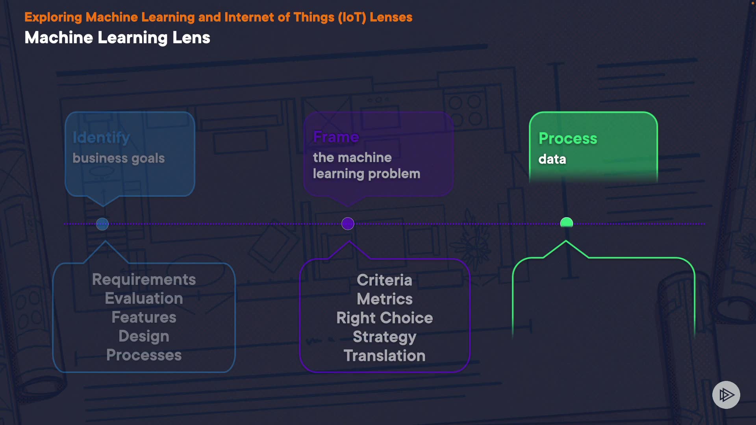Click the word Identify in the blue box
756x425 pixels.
pos(101,137)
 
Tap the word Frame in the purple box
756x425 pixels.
pos(336,137)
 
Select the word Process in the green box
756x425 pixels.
pos(568,138)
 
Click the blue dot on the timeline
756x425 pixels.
pos(102,224)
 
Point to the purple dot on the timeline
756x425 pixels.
pos(348,224)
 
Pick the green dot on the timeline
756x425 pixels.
pos(566,223)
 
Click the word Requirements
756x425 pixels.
pos(144,279)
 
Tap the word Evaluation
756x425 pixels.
pos(144,298)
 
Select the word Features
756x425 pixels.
pos(144,317)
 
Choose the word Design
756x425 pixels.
pos(144,336)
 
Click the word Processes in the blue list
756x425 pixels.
pos(144,355)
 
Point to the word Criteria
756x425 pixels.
pos(384,280)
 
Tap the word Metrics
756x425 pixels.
pos(384,299)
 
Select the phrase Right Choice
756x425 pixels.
pos(384,318)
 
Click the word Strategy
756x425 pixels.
pos(384,337)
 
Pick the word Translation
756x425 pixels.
pos(384,356)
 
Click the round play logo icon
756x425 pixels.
pos(726,395)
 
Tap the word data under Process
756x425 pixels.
pos(552,159)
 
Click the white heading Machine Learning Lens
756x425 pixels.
pos(117,38)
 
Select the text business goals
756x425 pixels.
pos(119,158)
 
